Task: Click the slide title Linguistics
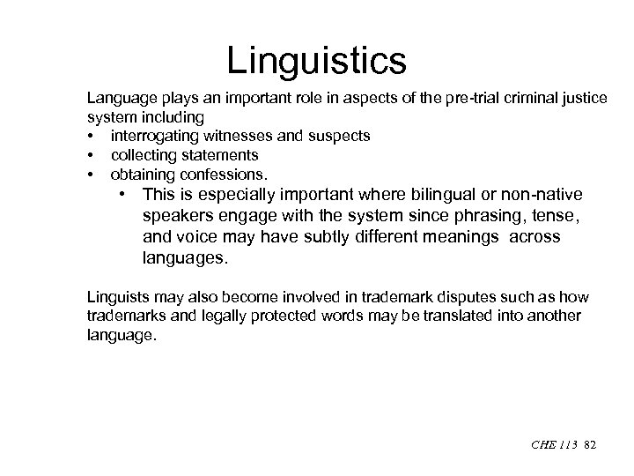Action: pos(316,62)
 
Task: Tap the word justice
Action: pos(585,98)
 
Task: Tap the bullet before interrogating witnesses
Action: pos(91,136)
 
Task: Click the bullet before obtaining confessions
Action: pos(91,173)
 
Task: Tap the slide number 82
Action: pos(590,446)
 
